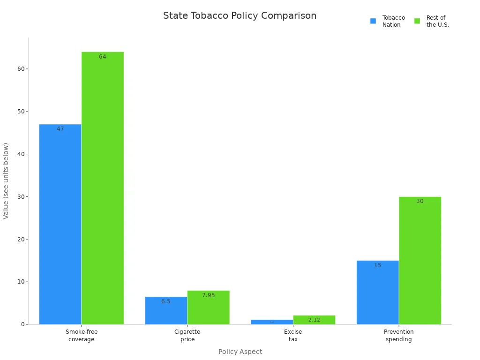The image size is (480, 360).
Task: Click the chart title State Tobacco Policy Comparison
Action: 240,16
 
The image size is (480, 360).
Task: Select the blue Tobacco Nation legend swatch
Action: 373,21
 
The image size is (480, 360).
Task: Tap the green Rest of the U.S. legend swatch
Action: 417,21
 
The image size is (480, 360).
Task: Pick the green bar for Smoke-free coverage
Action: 103,187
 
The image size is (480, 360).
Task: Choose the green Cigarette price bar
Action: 208,307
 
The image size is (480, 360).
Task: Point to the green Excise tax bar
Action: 314,320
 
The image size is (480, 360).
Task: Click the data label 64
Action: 103,57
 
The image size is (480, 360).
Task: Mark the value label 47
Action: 60,129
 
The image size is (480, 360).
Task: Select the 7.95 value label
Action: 209,295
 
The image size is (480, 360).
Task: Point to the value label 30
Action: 420,202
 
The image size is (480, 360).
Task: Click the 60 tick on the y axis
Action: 21,69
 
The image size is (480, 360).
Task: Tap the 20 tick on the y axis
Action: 21,239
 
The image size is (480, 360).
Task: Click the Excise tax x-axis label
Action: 293,336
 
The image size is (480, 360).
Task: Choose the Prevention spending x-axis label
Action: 399,336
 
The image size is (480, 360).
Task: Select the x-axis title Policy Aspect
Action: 240,352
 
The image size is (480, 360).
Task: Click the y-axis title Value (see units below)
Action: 6,181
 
